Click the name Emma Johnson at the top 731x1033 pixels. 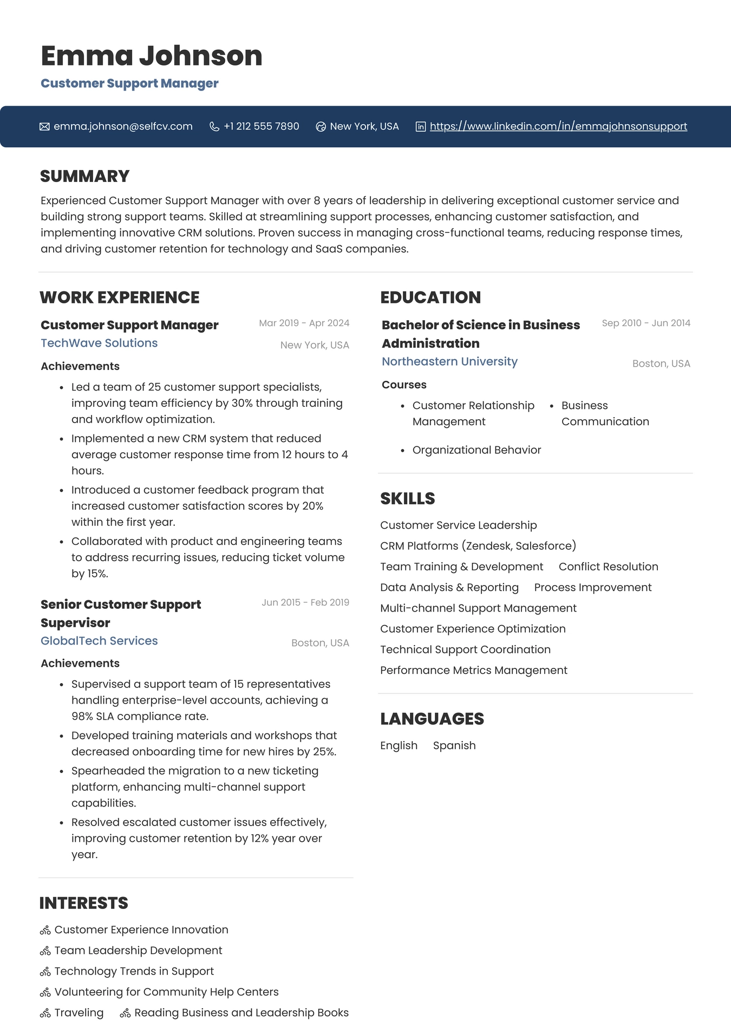coord(151,56)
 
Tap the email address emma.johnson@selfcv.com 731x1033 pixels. coord(123,126)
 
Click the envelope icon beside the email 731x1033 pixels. coord(44,127)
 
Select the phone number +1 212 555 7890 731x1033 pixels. coord(261,126)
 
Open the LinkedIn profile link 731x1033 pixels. coord(558,126)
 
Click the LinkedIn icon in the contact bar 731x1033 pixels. coord(420,127)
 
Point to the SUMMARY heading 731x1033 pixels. coord(84,176)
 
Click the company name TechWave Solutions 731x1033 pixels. coord(99,343)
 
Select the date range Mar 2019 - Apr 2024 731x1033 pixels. coord(304,323)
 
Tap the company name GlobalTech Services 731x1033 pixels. coord(99,641)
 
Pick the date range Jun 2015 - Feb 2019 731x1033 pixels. coord(305,602)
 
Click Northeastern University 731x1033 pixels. coord(449,361)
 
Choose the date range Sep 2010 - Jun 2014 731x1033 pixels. coord(646,323)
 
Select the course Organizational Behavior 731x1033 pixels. coord(477,450)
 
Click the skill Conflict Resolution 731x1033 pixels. coord(608,567)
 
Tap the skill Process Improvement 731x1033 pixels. coord(592,587)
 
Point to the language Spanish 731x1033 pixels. coord(454,745)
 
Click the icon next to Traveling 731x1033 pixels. coord(45,1013)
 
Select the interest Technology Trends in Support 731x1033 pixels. coord(134,971)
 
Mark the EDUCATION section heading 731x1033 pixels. coord(430,297)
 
